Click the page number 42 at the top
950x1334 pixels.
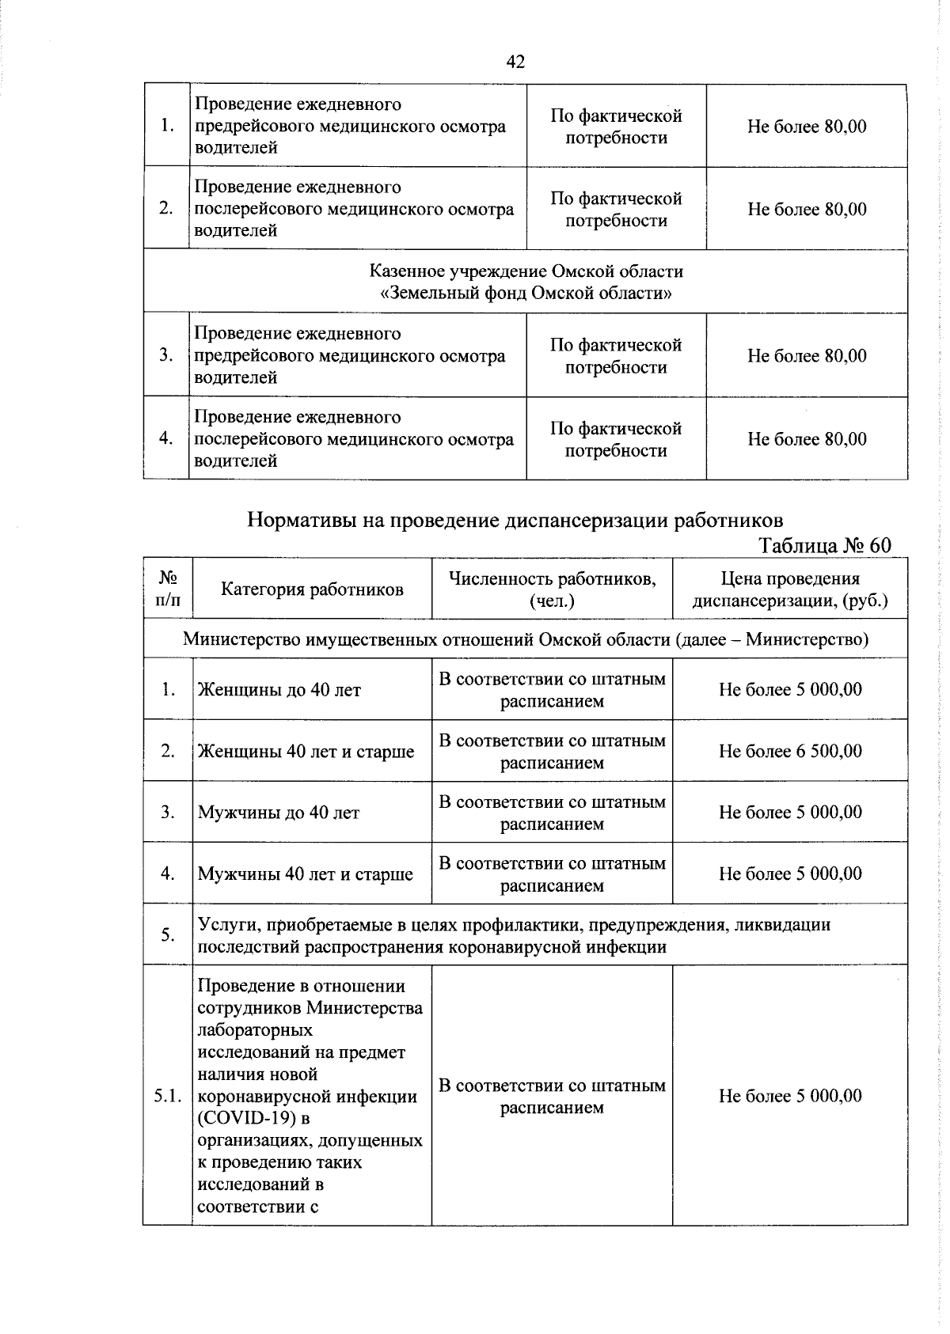point(515,63)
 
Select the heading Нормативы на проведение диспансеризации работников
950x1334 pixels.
point(515,520)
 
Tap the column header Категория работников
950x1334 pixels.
point(312,589)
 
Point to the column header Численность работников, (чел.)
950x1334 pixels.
point(552,589)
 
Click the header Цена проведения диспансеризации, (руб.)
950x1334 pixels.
point(790,589)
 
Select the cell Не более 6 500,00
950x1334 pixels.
point(790,750)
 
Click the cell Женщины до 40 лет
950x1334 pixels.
point(279,690)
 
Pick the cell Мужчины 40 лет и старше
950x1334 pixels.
point(305,874)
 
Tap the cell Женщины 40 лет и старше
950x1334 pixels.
point(306,751)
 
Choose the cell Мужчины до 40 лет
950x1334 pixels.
point(279,813)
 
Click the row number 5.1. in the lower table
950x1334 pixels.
point(168,1096)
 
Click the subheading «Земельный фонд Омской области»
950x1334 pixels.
point(526,294)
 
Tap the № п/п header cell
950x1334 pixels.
point(168,589)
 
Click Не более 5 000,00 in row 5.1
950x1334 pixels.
point(790,1096)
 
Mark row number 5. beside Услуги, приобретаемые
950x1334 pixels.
point(168,935)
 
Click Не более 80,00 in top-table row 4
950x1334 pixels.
point(807,438)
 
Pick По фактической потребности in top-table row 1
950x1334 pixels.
point(616,127)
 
